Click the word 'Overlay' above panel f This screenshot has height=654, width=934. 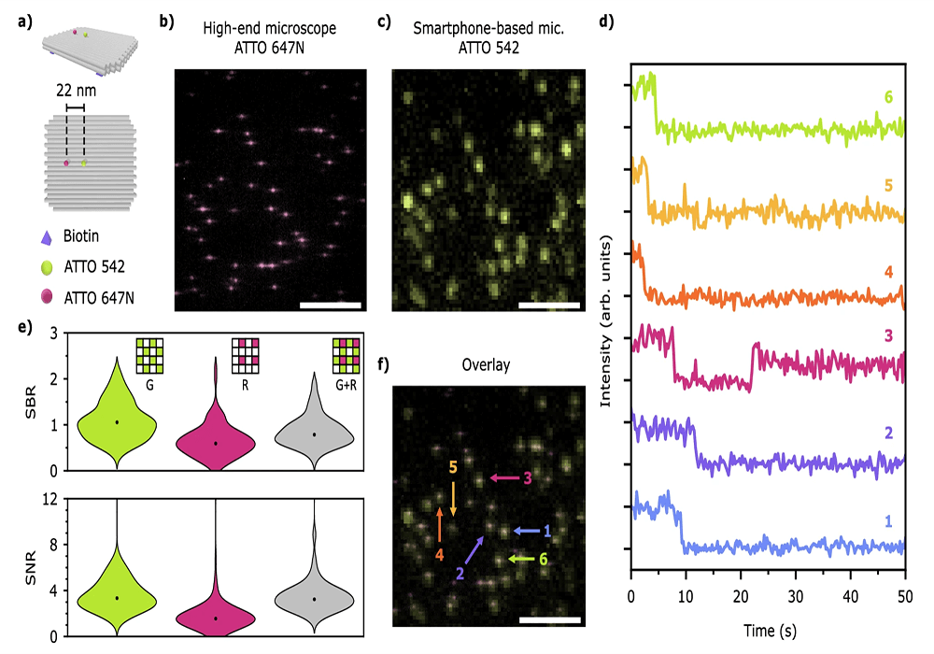coord(486,364)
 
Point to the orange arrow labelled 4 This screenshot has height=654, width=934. coord(439,526)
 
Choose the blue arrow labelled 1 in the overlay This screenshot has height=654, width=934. coord(530,530)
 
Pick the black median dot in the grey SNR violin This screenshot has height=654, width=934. coord(315,599)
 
